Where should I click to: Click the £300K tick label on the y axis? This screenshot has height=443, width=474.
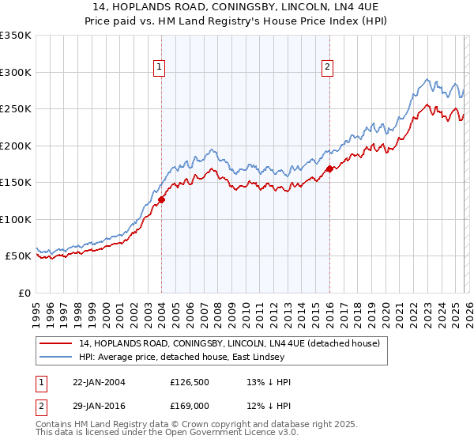point(16,72)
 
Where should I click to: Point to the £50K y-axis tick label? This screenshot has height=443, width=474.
point(18,256)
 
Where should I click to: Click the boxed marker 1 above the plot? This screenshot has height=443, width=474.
point(160,67)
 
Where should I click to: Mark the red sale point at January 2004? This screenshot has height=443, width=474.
point(161,200)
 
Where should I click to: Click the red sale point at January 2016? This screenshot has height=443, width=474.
point(329,168)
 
